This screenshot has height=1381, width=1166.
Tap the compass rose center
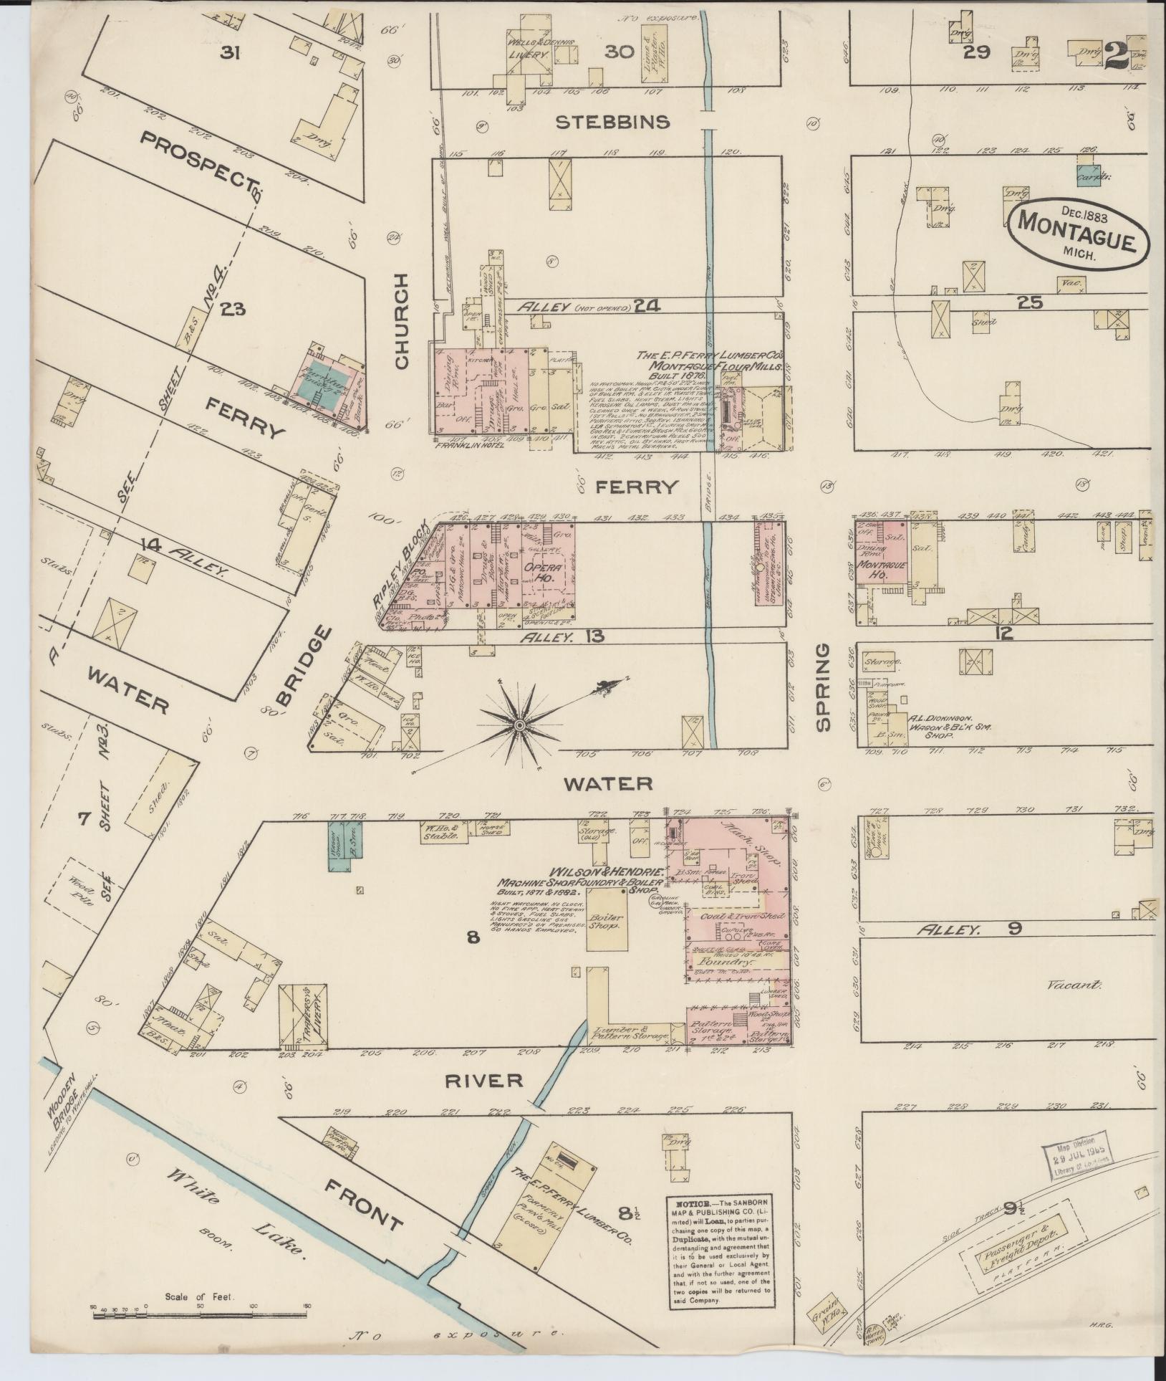(x=519, y=725)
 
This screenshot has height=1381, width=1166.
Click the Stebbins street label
(x=613, y=122)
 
